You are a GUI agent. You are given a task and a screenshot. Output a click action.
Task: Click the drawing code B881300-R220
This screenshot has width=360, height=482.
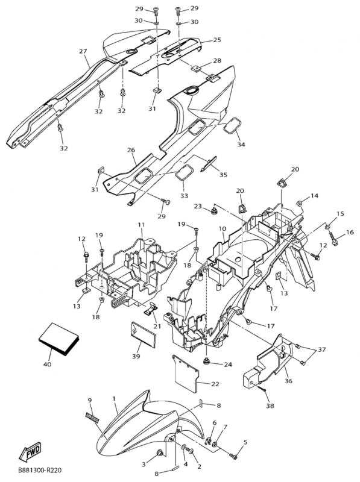point(40,471)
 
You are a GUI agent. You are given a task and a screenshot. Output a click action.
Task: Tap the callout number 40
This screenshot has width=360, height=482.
point(48,365)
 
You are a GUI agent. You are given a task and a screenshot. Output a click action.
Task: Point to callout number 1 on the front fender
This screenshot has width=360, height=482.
point(114,399)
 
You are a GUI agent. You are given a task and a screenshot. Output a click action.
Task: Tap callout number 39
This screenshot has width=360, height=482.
point(136,356)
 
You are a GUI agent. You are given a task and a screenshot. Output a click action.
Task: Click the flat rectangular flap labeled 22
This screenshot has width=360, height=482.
point(186,374)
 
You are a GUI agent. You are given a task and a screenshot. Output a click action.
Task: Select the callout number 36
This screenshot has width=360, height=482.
point(288,381)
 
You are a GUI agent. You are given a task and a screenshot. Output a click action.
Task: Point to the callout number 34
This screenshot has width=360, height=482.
point(241,144)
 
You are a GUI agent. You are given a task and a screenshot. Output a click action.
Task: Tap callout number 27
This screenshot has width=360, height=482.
point(83,51)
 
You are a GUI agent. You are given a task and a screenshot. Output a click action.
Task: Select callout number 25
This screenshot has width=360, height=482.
point(217,40)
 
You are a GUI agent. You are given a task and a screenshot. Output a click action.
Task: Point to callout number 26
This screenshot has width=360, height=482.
point(131,150)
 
